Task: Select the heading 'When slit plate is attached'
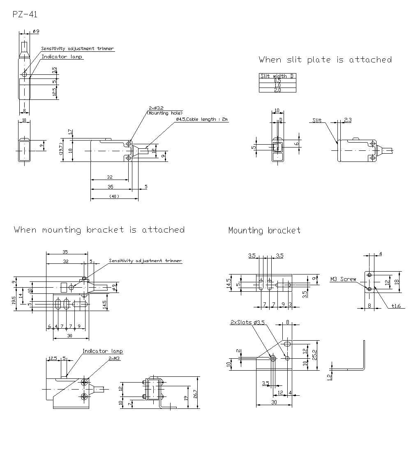point(325,60)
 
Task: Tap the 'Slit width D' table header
point(277,76)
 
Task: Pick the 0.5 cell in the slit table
point(277,81)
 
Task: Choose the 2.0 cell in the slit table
point(277,90)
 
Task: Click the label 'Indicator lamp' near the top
point(62,57)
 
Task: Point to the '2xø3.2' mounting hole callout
point(156,109)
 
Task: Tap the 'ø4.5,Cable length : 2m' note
point(202,119)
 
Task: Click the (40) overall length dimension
point(114,196)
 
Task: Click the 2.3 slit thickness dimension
point(348,120)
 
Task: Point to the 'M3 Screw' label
point(344,279)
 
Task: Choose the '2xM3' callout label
point(114,358)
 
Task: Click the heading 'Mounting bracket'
point(264,231)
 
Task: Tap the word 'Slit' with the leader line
point(316,120)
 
